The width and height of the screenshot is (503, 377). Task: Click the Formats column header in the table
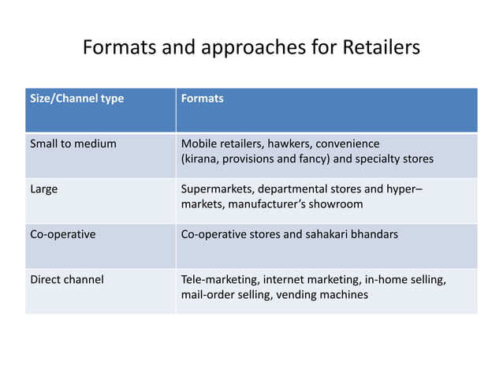click(x=203, y=99)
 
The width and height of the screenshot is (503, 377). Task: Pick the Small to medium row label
click(x=73, y=144)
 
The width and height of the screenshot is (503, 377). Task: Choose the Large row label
click(x=43, y=189)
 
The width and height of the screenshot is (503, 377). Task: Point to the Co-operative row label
click(x=62, y=234)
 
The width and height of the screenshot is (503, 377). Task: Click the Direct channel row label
click(x=66, y=279)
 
